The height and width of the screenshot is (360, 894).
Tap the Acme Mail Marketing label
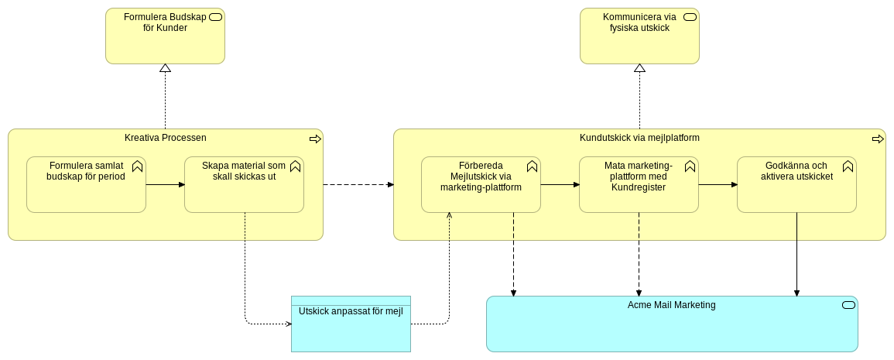point(671,305)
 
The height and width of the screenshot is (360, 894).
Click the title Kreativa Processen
point(165,138)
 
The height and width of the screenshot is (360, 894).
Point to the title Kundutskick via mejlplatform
point(639,138)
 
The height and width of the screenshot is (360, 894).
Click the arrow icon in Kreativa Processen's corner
point(315,139)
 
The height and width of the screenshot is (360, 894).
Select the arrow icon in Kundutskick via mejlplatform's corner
point(878,139)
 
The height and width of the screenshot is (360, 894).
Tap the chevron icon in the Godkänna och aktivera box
point(848,166)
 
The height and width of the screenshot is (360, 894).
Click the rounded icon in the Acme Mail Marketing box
point(848,305)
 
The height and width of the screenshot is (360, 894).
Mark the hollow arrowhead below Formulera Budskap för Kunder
point(165,69)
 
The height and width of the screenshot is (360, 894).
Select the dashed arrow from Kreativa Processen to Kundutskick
point(358,184)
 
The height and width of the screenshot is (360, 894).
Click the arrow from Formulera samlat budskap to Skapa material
point(165,184)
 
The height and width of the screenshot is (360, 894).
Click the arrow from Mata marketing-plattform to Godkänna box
point(718,184)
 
